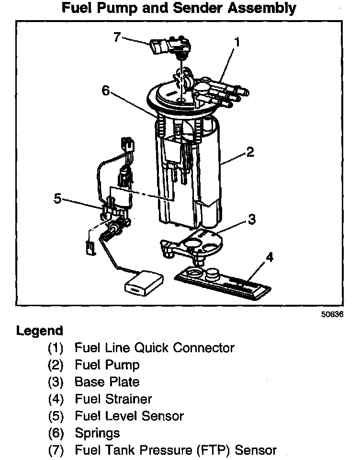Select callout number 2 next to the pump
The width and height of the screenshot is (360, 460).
point(249,152)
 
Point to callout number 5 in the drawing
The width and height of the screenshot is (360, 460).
point(57,198)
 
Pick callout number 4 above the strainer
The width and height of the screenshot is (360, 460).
point(270,258)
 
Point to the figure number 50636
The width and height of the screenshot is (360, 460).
point(333,315)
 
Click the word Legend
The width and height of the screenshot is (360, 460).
point(40,331)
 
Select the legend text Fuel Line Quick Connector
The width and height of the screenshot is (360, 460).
point(154,348)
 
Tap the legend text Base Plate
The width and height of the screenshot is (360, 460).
point(107,382)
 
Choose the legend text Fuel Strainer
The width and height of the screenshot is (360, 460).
point(113,399)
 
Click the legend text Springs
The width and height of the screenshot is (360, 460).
point(97,433)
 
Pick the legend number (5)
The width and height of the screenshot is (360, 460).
point(56,416)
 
